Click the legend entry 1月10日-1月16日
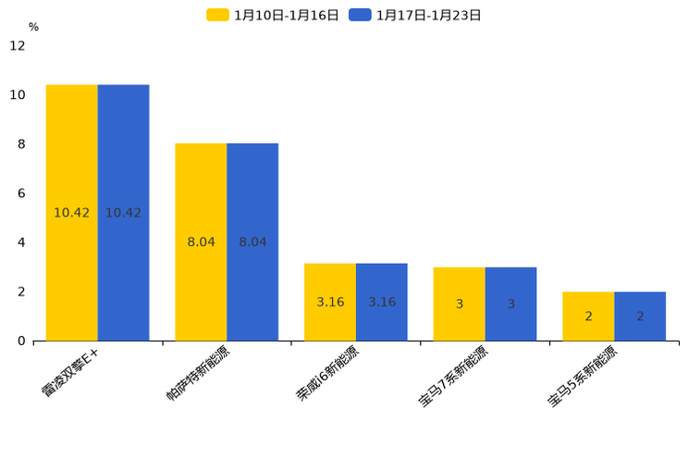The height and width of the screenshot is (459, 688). point(273,15)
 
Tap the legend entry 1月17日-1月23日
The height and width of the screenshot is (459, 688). point(415,15)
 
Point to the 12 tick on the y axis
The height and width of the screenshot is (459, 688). point(18,45)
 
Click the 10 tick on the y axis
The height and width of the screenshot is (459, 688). point(18,94)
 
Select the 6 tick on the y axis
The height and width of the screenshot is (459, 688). point(21,193)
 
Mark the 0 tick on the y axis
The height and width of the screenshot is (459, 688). point(21,341)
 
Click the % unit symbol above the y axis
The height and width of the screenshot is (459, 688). point(33,27)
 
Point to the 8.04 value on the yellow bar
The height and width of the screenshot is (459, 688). point(201,242)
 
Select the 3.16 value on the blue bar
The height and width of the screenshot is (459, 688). point(382,303)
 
